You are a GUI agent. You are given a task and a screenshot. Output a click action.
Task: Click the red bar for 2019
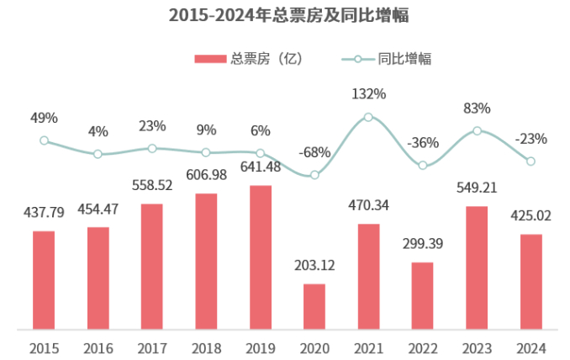[x=261, y=257]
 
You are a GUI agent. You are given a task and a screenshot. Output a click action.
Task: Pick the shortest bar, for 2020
[x=314, y=306]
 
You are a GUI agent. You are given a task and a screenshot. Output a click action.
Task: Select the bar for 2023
[x=477, y=267]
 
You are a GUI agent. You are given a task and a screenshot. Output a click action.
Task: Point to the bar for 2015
[x=44, y=279]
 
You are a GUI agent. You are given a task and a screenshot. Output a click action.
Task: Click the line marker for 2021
[x=368, y=117]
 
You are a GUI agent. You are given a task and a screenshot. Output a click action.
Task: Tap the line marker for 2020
[x=314, y=175]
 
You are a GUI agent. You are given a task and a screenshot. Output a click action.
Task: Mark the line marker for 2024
[x=530, y=161]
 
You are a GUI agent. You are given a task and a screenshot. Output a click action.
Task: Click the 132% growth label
[x=368, y=94]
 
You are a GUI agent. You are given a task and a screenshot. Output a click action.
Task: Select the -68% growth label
[x=314, y=153]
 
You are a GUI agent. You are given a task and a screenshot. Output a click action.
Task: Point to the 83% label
[x=477, y=108]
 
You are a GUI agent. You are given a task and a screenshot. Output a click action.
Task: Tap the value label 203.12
[x=314, y=266]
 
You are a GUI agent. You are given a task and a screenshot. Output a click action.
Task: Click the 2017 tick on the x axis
[x=152, y=347]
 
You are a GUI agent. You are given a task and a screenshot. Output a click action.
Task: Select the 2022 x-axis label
[x=423, y=347]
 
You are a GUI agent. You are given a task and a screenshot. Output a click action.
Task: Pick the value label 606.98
[x=206, y=173]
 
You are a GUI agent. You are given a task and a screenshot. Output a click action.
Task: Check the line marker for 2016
[x=98, y=154]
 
